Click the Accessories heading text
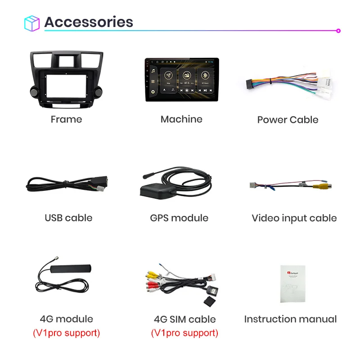[89, 22]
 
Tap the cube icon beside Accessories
[32, 23]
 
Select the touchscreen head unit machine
[181, 79]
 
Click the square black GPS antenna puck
[155, 191]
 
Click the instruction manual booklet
[292, 283]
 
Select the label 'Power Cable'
[288, 120]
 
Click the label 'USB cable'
[68, 218]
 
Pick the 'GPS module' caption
[179, 218]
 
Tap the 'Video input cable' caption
[294, 218]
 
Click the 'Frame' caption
[66, 119]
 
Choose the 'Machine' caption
[181, 119]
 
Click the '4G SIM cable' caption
[184, 319]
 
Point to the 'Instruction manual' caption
[290, 319]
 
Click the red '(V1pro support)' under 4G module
[66, 333]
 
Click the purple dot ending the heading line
[338, 31]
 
